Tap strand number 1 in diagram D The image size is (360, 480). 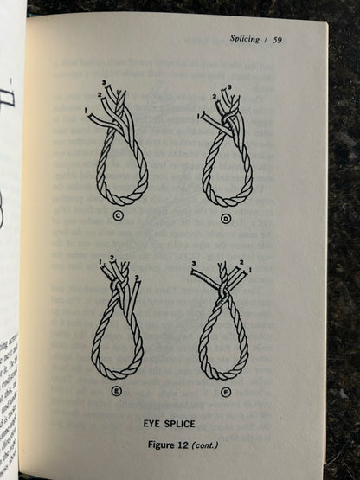click(201, 115)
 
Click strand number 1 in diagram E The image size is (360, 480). click(102, 262)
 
